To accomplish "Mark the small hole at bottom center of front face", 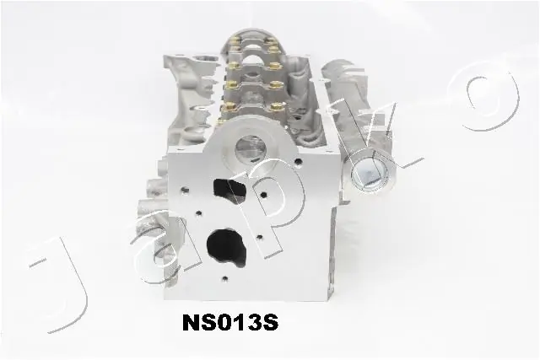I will pos(224,280).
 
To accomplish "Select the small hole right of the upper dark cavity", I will pos(263,196).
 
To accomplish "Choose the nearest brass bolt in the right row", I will pos(275,105).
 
